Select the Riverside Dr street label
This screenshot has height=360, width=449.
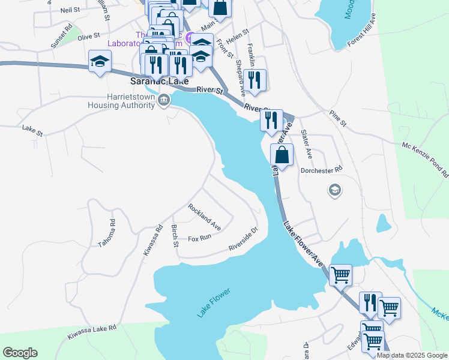coord(243,239)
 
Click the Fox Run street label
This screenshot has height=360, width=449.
coord(200,238)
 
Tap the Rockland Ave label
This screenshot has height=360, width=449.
coord(204,217)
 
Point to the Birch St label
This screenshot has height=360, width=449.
coord(175,235)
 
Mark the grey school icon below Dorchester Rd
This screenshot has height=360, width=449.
coord(334,191)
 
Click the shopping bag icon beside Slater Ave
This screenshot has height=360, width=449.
coord(282,155)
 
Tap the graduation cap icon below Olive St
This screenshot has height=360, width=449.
coord(100,61)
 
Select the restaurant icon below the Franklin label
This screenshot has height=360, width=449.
coord(255,80)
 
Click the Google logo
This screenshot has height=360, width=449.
coord(20,353)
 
